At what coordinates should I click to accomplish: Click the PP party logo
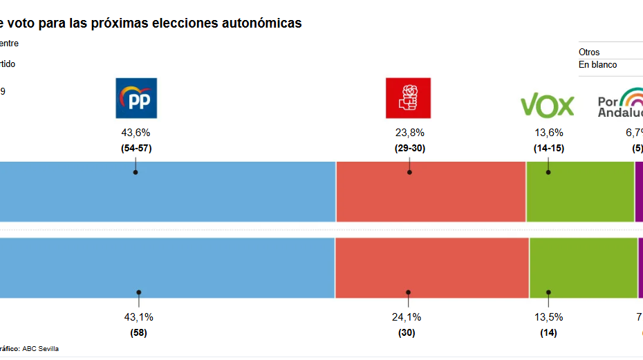[x=136, y=98]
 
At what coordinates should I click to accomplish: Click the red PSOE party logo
[x=408, y=98]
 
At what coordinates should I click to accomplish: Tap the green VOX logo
[x=547, y=106]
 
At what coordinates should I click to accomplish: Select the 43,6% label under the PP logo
[x=136, y=133]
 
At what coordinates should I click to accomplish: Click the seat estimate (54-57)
[x=136, y=148]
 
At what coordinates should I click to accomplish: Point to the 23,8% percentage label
[x=409, y=133]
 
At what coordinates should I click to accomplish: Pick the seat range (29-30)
[x=409, y=148]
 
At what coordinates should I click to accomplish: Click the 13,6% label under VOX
[x=548, y=133]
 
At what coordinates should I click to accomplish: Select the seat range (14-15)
[x=548, y=148]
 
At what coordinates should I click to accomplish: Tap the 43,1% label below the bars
[x=138, y=317]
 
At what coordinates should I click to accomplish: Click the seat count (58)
[x=138, y=332]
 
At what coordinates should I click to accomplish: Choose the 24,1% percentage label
[x=408, y=317]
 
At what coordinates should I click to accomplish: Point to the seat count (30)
[x=408, y=332]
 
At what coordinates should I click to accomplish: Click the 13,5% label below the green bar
[x=548, y=317]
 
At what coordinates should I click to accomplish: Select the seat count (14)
[x=548, y=332]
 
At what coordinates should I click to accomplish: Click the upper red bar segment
[x=431, y=191]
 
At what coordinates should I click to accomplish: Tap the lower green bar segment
[x=583, y=267]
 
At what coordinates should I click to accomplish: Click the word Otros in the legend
[x=589, y=53]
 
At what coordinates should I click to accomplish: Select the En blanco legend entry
[x=597, y=65]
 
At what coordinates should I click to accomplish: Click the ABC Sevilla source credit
[x=41, y=349]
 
